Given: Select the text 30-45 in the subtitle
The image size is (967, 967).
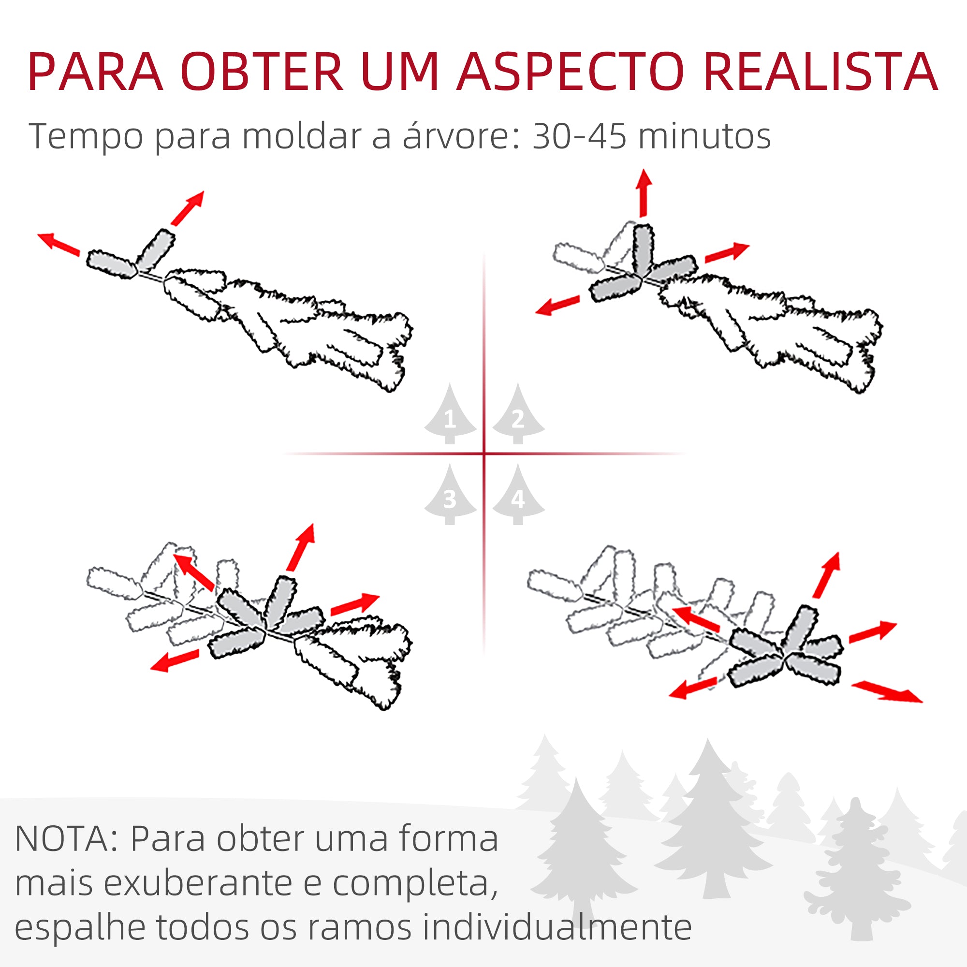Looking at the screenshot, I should click(x=579, y=136).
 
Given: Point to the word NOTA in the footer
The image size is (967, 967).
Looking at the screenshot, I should click(x=65, y=839).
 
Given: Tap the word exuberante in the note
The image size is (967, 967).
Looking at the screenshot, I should click(x=198, y=883).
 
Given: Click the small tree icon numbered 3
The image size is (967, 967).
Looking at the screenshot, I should click(x=450, y=496).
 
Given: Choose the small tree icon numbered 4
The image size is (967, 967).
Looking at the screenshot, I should click(x=518, y=496).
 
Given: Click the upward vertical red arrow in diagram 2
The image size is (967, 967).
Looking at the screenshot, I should click(x=644, y=193).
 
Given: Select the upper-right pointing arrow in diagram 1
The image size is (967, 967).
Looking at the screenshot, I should click(x=188, y=208).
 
